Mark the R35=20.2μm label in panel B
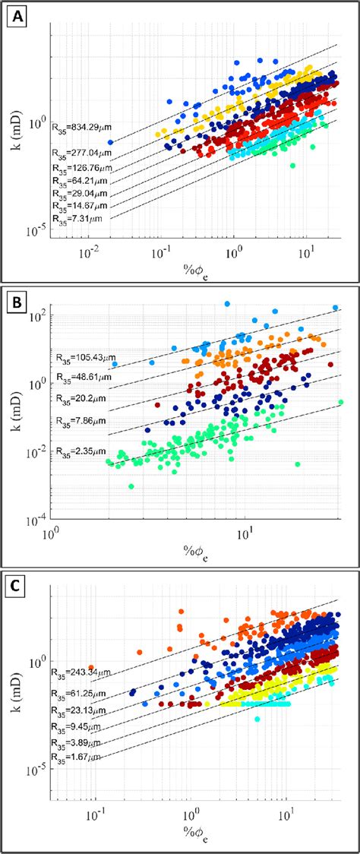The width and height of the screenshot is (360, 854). [80, 397]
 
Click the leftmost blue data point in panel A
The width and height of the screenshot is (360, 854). [110, 142]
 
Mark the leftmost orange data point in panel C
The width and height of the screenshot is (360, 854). [91, 668]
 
